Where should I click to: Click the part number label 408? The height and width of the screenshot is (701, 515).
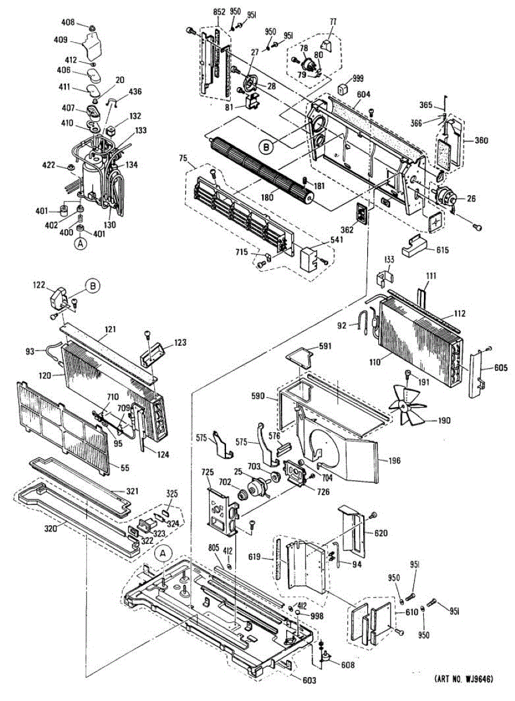pos(68,22)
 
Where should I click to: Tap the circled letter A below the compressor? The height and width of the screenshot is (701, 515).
pos(81,244)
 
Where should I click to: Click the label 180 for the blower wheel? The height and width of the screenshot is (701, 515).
pos(267,197)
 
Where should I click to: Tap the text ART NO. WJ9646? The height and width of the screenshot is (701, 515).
pos(465,685)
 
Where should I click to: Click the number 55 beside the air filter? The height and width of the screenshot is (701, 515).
pos(124,468)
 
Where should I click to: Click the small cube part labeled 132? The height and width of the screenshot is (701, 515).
pos(111,130)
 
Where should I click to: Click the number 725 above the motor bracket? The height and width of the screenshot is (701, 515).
pos(207,471)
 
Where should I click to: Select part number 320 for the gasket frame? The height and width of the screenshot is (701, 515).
pos(50,528)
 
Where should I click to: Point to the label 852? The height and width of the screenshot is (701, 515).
pos(219,12)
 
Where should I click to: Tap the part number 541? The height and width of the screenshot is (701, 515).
pos(336,240)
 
